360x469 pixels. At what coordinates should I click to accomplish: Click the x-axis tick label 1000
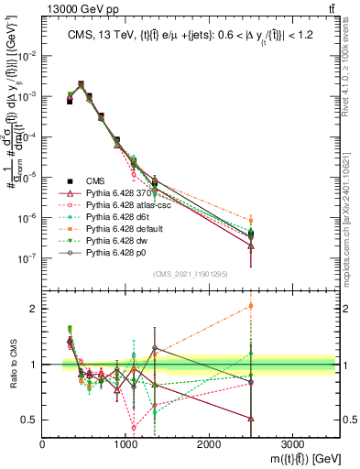126,442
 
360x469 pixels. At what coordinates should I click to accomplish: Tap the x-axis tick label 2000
209,442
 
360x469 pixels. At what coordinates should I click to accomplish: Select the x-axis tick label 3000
292,442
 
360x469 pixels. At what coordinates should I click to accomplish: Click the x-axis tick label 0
43,442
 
